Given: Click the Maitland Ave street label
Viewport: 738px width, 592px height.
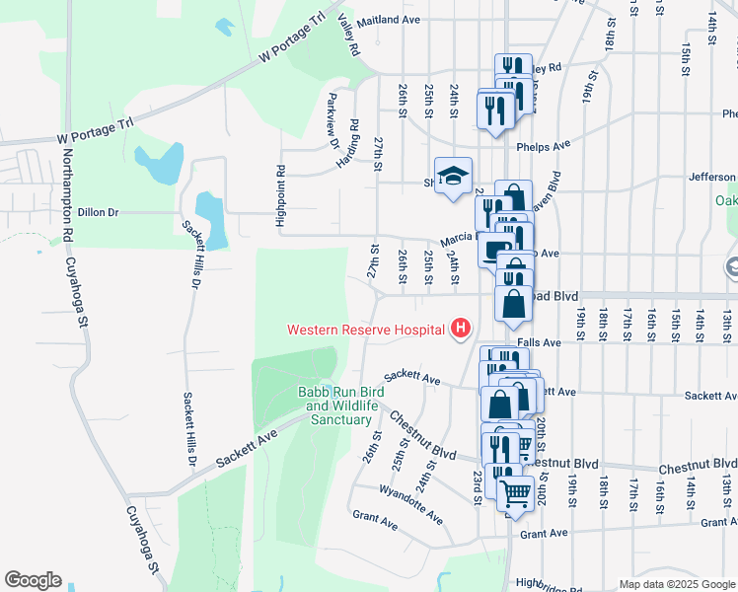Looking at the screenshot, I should pyautogui.click(x=389, y=20).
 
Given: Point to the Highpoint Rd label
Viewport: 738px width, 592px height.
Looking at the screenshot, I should pyautogui.click(x=281, y=197).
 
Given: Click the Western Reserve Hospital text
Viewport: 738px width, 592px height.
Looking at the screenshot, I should pyautogui.click(x=364, y=330).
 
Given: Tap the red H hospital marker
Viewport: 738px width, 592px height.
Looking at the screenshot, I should pyautogui.click(x=459, y=329).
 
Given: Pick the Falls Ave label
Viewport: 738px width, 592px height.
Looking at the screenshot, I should pyautogui.click(x=538, y=342).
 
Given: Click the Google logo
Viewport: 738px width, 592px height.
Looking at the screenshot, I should pyautogui.click(x=33, y=580).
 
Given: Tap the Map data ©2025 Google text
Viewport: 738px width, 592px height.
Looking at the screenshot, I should pyautogui.click(x=676, y=584).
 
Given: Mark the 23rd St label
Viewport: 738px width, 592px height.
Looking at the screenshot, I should pyautogui.click(x=477, y=486).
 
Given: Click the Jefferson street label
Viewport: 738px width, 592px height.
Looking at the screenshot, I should pyautogui.click(x=711, y=178).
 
